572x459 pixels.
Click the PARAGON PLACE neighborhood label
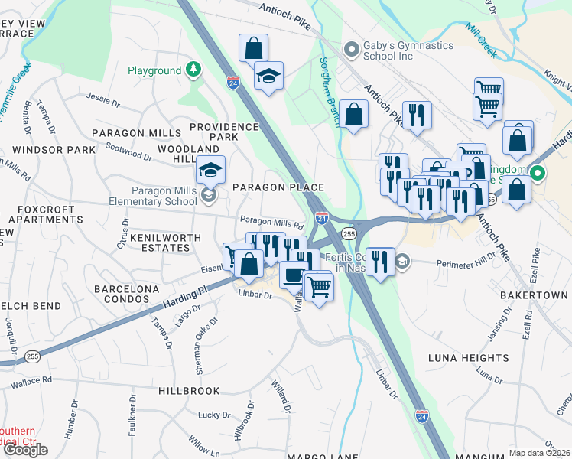pyautogui.click(x=278, y=187)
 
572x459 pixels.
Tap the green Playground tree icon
pyautogui.click(x=194, y=70)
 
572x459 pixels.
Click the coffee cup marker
pyautogui.click(x=291, y=274)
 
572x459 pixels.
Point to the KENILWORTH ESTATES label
pyautogui.click(x=160, y=244)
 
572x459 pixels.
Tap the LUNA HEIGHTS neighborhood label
pyautogui.click(x=468, y=358)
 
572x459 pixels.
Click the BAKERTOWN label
pyautogui.click(x=534, y=295)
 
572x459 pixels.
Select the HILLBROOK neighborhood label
pyautogui.click(x=189, y=390)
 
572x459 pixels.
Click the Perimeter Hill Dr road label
pyautogui.click(x=466, y=262)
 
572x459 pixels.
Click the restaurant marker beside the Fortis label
pyautogui.click(x=380, y=261)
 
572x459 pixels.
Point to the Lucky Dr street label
pyautogui.click(x=210, y=415)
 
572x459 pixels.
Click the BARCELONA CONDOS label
pyautogui.click(x=127, y=294)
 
